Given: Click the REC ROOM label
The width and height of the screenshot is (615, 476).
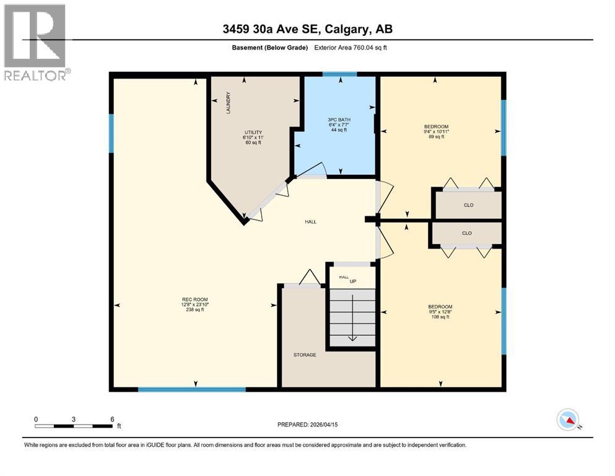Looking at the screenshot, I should click(x=194, y=300).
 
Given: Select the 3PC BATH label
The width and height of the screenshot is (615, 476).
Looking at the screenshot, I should click(x=334, y=119).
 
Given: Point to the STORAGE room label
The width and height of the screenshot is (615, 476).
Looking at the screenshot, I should click(x=305, y=355).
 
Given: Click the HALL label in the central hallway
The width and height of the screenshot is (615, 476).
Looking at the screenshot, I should click(x=311, y=221).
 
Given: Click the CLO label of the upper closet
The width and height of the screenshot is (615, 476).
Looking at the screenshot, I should click(x=468, y=205).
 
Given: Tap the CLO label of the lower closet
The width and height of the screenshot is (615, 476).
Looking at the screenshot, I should click(x=466, y=234).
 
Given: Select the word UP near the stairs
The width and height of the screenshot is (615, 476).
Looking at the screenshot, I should click(x=354, y=282).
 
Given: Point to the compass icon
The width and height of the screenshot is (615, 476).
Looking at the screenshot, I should click(x=568, y=421).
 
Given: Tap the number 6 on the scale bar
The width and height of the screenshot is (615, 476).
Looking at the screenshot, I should click(x=112, y=419).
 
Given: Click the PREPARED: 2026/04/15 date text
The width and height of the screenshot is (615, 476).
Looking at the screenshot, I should click(x=312, y=425).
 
